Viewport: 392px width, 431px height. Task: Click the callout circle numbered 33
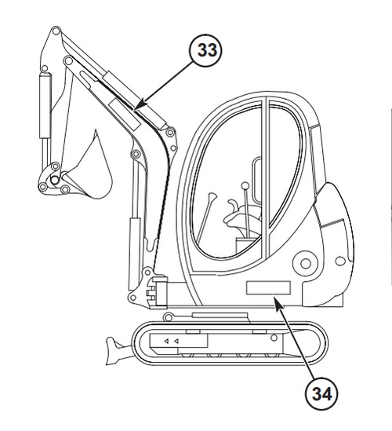click(205, 51)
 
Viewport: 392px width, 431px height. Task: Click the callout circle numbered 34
click(321, 393)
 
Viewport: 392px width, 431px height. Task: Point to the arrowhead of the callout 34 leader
click(278, 304)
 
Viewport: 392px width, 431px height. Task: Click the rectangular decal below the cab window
click(268, 288)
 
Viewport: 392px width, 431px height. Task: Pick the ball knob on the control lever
click(245, 186)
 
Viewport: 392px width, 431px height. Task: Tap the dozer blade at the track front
click(118, 350)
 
